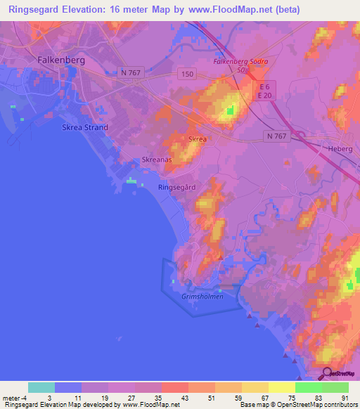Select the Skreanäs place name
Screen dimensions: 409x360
pos(157,160)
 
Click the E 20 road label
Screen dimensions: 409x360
pos(264,96)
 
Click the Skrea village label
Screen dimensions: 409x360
pos(198,140)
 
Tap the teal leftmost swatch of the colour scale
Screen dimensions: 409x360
pos(41,387)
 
